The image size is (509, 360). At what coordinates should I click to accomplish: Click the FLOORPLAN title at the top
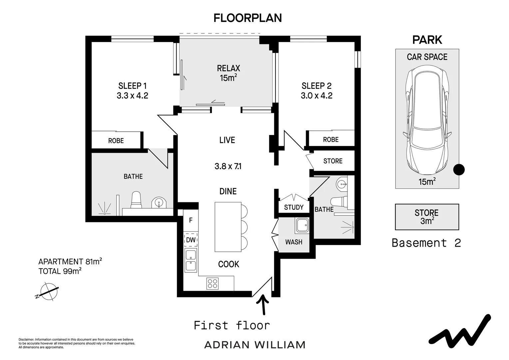tap(248, 18)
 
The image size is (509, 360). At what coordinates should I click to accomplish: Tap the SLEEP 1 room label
tap(132, 86)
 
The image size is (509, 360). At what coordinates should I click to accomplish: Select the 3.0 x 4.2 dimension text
tap(316, 96)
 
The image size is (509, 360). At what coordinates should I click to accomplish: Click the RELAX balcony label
tap(229, 68)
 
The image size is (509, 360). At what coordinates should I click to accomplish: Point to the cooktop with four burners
tap(213, 283)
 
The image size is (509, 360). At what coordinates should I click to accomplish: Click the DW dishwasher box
tap(191, 240)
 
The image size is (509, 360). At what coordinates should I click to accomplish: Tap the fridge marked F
tap(191, 220)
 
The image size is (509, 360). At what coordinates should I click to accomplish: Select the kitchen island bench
tap(228, 227)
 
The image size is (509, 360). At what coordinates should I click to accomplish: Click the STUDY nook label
tap(293, 207)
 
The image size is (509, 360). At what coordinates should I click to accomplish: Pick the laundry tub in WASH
tap(302, 225)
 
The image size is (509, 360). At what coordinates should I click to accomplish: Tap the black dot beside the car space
tap(459, 170)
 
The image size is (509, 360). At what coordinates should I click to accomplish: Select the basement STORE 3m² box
tap(427, 217)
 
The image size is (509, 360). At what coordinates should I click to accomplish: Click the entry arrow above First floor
tap(263, 305)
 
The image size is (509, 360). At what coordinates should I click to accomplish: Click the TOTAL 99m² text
tap(60, 271)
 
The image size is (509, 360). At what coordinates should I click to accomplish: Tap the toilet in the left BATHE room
tap(136, 200)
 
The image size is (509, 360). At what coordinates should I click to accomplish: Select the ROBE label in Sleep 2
tap(331, 139)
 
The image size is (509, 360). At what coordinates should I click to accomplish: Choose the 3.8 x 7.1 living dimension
tap(228, 166)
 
